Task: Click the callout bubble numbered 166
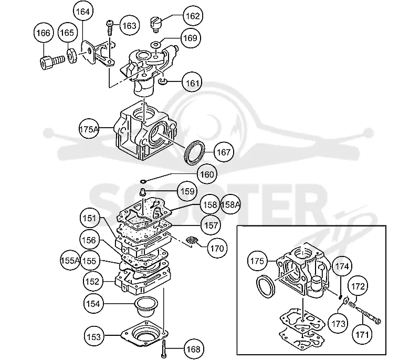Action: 44,33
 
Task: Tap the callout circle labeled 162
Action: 193,16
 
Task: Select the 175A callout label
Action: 89,129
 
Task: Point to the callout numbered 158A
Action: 230,204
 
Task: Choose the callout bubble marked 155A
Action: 70,260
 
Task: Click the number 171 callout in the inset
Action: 362,335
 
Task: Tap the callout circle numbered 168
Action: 193,349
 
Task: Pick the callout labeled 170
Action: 217,248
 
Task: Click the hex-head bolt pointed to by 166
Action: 52,61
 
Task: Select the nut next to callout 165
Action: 72,56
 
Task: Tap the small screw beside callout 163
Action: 110,27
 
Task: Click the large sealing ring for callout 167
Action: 195,152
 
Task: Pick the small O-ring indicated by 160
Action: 143,182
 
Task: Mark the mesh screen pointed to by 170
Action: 192,240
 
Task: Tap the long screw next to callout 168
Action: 164,348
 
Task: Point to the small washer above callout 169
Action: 155,44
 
